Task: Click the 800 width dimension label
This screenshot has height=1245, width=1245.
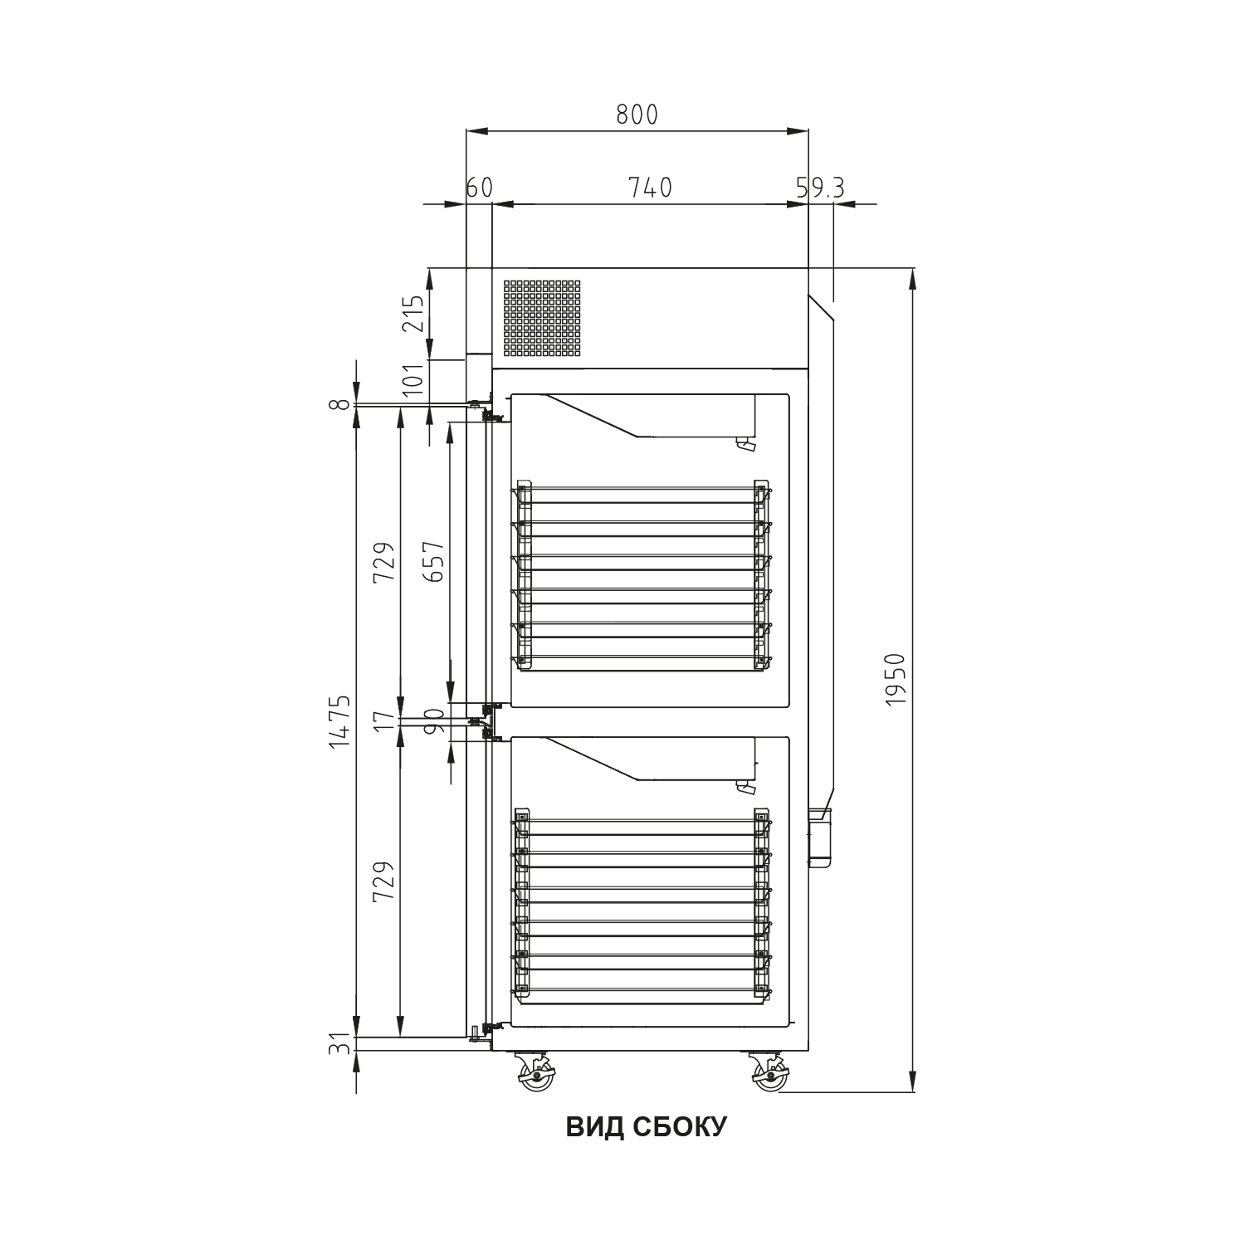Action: tap(637, 115)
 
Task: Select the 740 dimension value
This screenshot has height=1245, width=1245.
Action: tap(650, 188)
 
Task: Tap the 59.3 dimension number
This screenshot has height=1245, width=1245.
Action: tap(820, 188)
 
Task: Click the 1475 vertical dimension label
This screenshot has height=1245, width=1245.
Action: tap(340, 722)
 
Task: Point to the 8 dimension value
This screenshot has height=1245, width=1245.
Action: tap(340, 404)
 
